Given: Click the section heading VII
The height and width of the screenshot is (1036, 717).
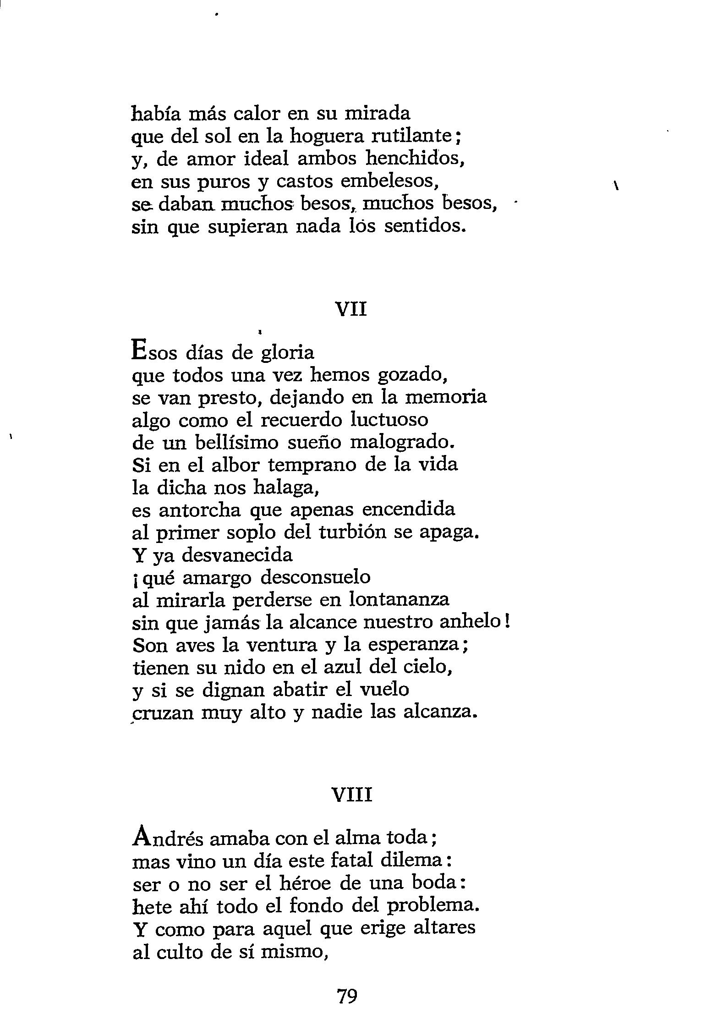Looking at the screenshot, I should click(x=351, y=310).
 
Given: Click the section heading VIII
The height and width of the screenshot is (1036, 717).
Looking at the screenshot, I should click(x=351, y=795).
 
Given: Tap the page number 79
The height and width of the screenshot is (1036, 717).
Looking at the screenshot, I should click(x=347, y=996).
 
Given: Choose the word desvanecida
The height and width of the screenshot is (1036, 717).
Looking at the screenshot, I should click(x=237, y=555).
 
